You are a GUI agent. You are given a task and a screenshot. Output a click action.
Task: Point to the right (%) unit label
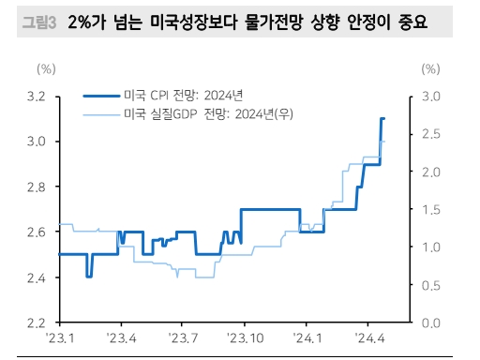pyautogui.click(x=430, y=69)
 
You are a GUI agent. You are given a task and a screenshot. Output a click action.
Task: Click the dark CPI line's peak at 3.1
pyautogui.click(x=382, y=119)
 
